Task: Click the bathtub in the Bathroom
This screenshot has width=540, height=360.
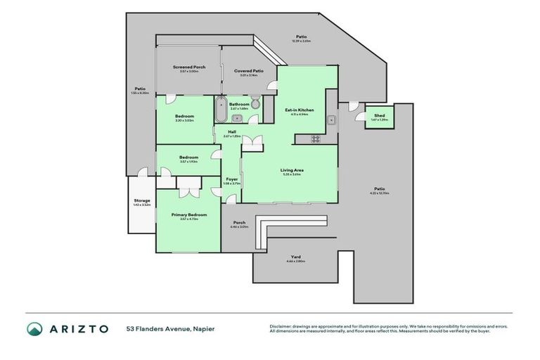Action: (219, 111)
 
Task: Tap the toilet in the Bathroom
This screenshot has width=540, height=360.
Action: (257, 105)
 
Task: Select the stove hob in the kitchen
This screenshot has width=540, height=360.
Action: (316, 139)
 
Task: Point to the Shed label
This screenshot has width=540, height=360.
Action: (379, 115)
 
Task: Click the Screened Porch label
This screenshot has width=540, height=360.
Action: (189, 67)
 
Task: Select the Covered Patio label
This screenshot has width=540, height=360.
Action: (248, 70)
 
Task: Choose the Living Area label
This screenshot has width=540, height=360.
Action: (291, 169)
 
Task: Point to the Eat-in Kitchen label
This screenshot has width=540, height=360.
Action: (299, 110)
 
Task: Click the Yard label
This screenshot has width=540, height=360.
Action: (295, 257)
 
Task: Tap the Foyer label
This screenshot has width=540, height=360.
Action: (231, 179)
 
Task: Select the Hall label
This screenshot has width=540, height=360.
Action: (231, 131)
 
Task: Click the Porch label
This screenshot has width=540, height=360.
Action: (238, 223)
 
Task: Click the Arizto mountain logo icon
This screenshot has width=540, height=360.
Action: (35, 328)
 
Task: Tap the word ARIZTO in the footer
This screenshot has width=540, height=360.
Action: (78, 328)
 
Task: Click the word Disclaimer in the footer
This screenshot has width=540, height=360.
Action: (282, 326)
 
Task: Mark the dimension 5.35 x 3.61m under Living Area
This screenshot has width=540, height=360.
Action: (291, 174)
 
